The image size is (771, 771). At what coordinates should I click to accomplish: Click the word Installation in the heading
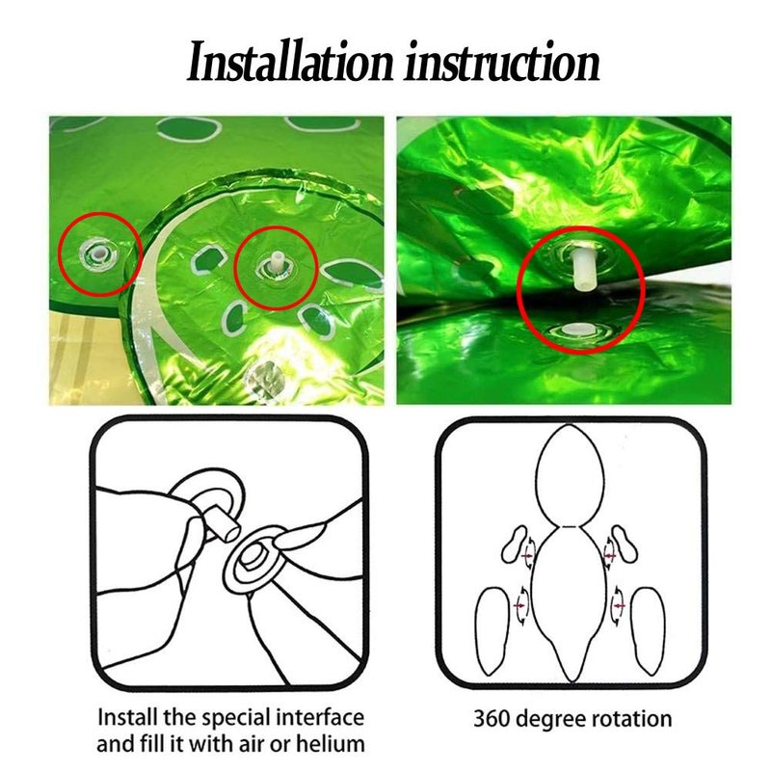coord(291,63)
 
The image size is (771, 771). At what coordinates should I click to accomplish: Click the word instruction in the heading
coord(501,63)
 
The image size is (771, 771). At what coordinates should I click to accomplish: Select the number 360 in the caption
coord(492,718)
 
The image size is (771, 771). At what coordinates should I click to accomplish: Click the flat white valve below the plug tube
coord(579,330)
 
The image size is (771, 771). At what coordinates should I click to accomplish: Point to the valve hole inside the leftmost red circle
coord(99,253)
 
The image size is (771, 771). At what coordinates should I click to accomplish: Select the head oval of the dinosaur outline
coord(569,475)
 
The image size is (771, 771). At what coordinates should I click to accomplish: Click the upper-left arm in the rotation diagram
coord(515,545)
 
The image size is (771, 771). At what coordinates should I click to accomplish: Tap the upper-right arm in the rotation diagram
coord(625,544)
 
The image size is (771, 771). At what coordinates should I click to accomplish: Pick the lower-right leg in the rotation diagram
coord(649,631)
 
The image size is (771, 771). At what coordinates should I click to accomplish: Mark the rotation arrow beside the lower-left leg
coord(521,605)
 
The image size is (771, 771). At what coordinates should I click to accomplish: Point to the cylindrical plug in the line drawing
coord(223,523)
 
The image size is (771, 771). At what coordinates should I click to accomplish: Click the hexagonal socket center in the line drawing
coord(254,560)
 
